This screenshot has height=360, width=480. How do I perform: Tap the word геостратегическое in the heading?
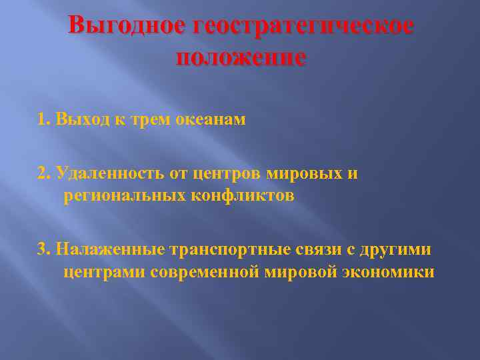pos(302,28)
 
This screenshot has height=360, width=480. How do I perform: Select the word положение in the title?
pos(241,57)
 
